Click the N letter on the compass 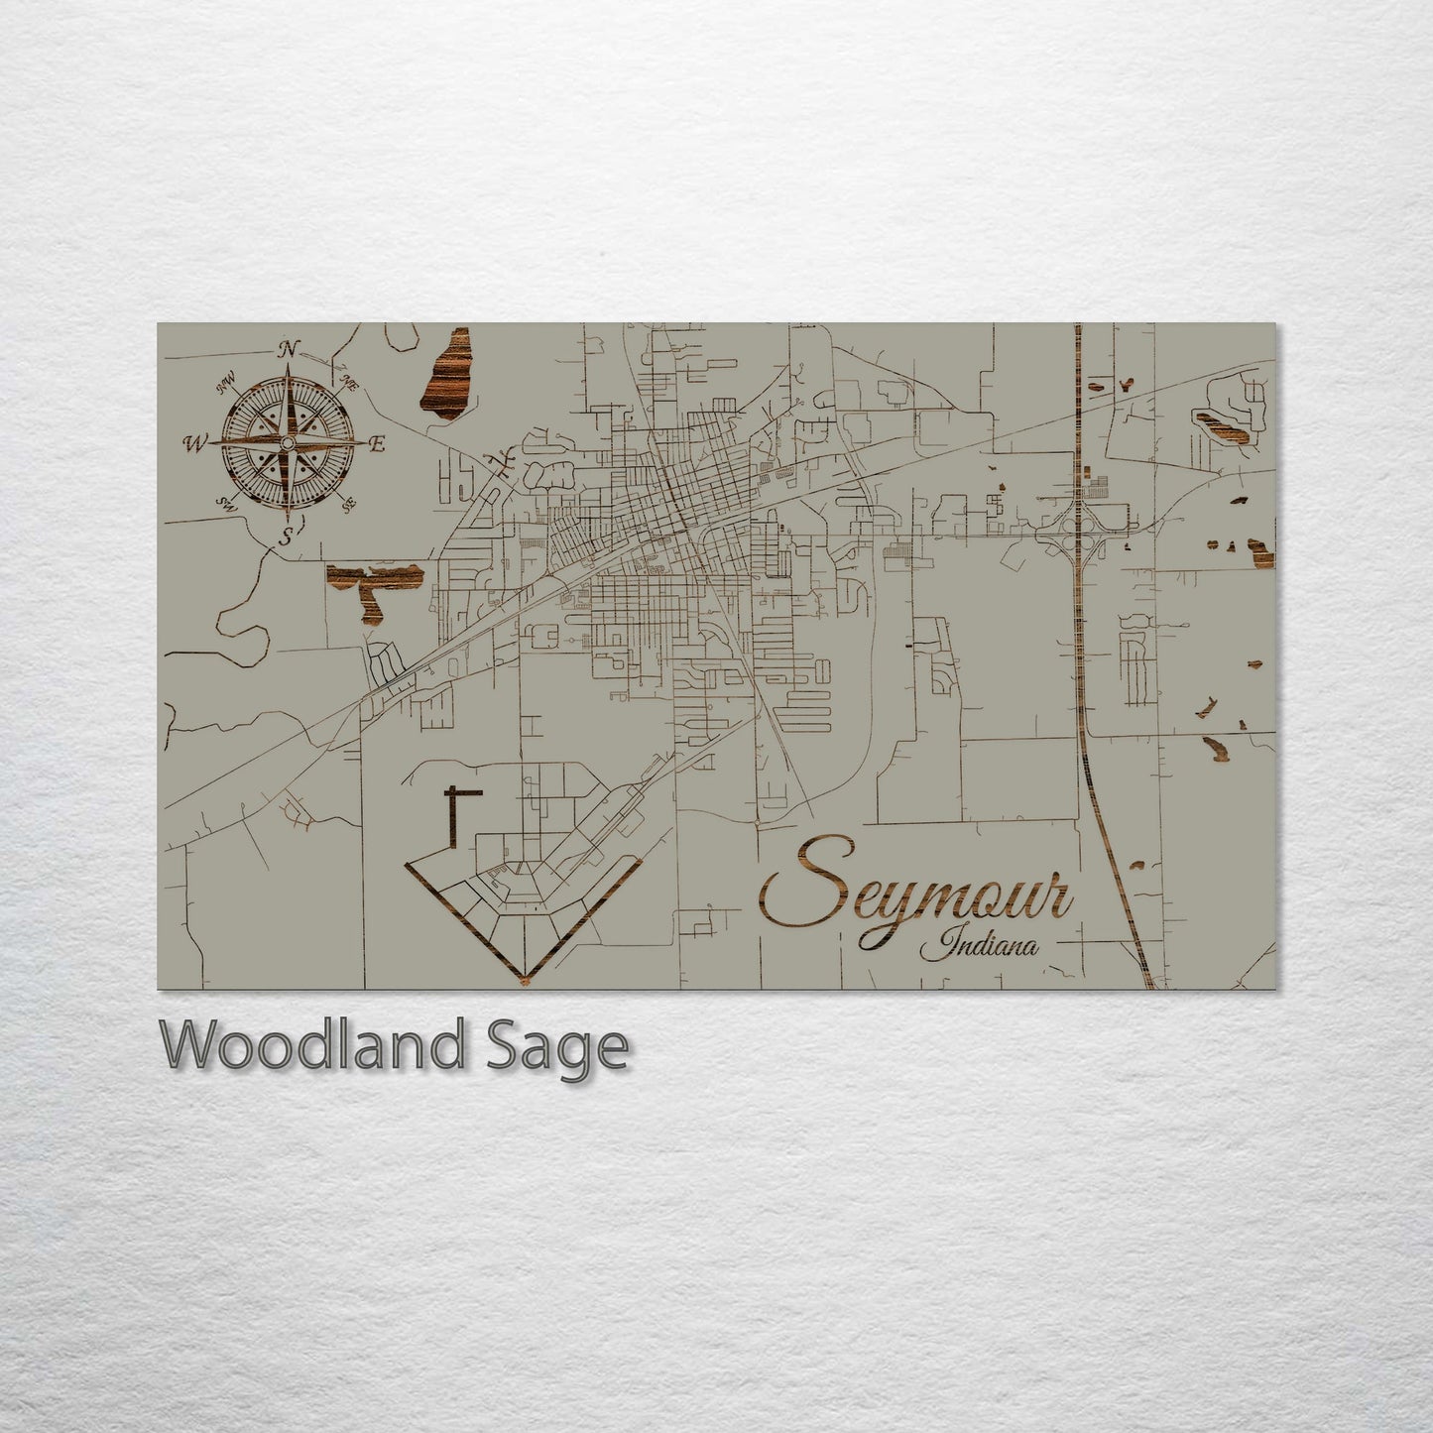coord(289,349)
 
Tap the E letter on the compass coord(376,445)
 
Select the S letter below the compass coord(287,538)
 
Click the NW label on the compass coord(226,377)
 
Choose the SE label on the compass coord(348,506)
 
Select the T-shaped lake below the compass coord(372,586)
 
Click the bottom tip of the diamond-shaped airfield coord(523,982)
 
